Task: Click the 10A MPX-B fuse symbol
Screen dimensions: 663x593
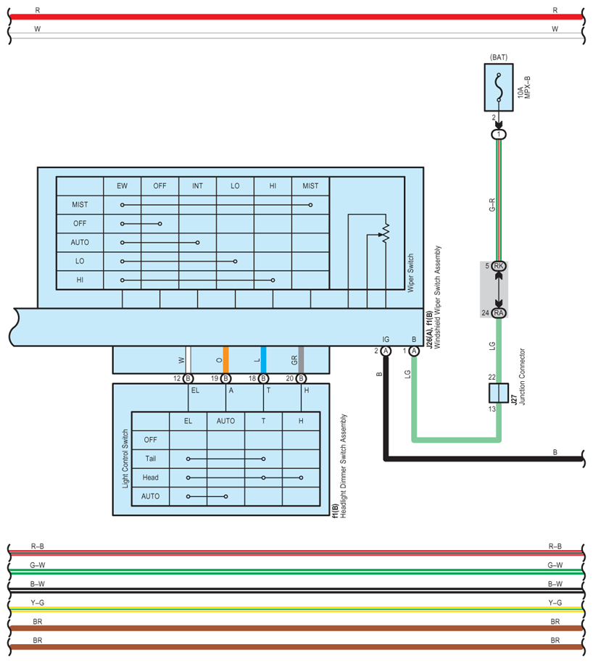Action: click(x=499, y=87)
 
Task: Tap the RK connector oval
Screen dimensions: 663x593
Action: click(x=499, y=266)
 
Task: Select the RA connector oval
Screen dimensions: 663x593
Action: click(x=499, y=312)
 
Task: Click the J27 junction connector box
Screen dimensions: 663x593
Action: click(x=499, y=393)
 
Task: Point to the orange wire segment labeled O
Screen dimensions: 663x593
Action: click(x=225, y=359)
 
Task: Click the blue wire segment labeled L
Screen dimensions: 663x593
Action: click(x=263, y=359)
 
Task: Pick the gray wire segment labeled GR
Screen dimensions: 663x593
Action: click(x=301, y=359)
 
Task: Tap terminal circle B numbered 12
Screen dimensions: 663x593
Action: click(x=188, y=378)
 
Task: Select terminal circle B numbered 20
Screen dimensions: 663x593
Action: click(x=301, y=378)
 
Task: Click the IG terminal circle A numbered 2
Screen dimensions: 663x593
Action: click(x=386, y=351)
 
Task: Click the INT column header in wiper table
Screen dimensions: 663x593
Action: click(x=197, y=186)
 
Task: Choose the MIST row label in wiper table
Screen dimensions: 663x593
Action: click(x=80, y=205)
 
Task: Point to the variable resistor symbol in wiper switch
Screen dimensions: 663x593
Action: click(x=385, y=233)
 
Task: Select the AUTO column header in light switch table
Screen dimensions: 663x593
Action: click(x=225, y=421)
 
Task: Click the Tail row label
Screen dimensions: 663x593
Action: click(x=150, y=459)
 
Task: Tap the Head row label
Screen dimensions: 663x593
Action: click(x=150, y=478)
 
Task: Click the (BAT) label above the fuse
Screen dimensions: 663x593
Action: click(x=499, y=56)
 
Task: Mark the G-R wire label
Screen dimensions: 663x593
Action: click(x=492, y=204)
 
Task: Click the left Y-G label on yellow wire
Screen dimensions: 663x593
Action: click(x=38, y=602)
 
